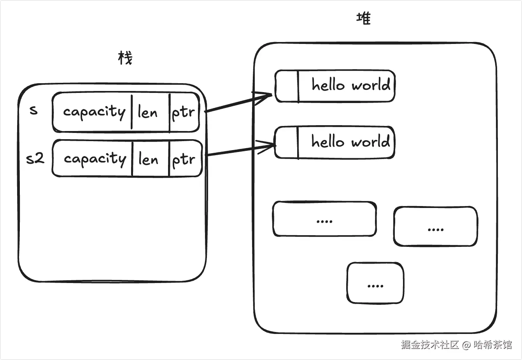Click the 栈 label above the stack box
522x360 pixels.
tap(125, 58)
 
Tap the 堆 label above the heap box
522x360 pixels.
tap(364, 18)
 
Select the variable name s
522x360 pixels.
tap(34, 110)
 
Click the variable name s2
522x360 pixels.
tap(35, 158)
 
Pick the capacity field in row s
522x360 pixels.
tap(94, 112)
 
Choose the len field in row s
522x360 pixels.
tap(148, 113)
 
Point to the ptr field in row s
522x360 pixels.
tap(183, 113)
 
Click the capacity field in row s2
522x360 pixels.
tap(95, 159)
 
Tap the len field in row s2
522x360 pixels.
tap(148, 159)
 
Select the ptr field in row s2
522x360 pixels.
tap(184, 159)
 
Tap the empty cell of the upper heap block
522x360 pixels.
tap(287, 86)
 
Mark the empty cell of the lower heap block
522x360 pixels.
tap(287, 143)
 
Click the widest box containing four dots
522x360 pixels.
tap(324, 219)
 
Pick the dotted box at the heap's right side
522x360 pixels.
tap(435, 227)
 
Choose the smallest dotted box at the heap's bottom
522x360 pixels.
tap(375, 283)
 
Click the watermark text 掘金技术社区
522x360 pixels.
tap(430, 344)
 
